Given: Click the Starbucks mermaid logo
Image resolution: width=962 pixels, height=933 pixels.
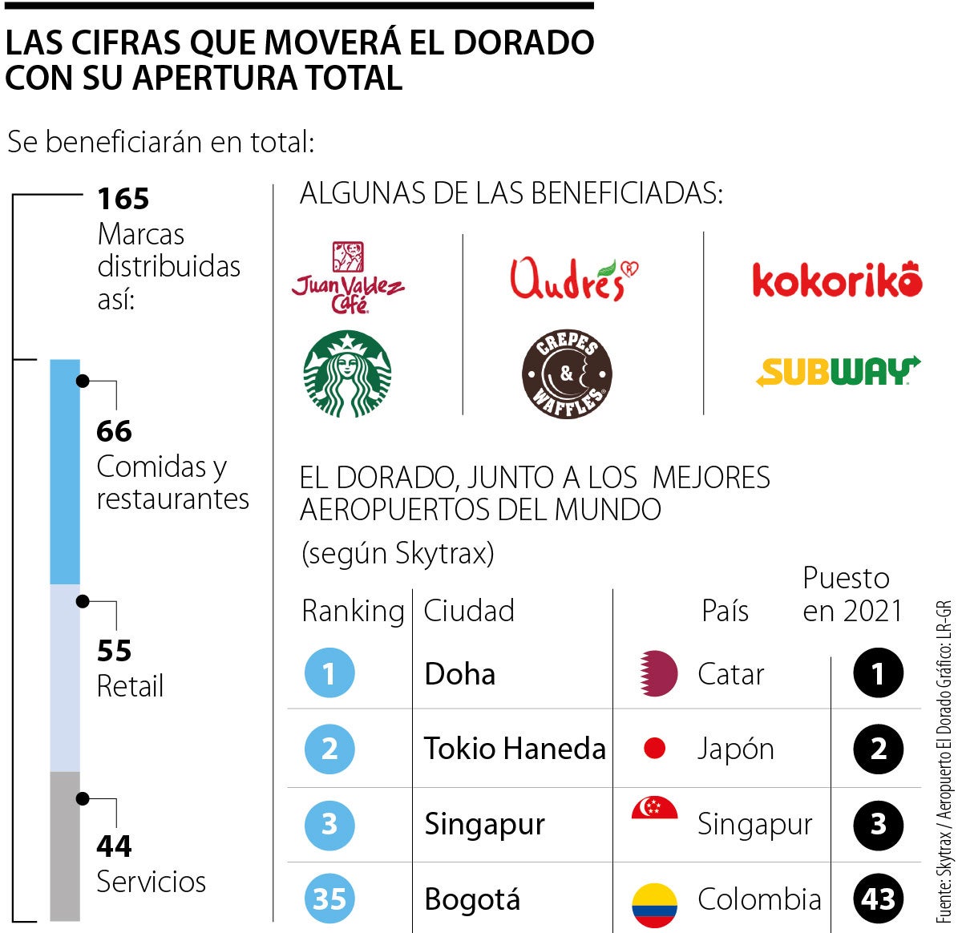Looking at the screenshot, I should point(347,374).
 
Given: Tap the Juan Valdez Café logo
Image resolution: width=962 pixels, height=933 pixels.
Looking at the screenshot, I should point(348,279).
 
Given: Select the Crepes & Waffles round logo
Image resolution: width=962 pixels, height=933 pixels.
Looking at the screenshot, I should point(567,374).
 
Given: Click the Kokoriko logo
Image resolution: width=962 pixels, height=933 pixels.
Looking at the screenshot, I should point(837,280).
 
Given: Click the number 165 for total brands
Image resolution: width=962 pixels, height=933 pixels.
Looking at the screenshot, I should point(123,199).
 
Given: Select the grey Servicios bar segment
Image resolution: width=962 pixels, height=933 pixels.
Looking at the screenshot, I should point(65,845).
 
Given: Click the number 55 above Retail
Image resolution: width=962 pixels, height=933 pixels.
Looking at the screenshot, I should point(114,651).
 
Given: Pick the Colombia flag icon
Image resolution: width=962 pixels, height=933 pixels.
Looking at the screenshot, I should point(654,904).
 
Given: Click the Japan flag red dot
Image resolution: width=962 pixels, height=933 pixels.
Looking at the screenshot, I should point(655,749).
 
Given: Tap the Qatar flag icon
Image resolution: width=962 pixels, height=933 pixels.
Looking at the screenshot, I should point(657,673).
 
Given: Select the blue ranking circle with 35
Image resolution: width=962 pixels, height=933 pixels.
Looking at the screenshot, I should point(329,899).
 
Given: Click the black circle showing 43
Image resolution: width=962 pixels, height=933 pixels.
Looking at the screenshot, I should point(878,899).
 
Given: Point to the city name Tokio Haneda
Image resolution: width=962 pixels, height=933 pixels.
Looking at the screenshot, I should point(515,749).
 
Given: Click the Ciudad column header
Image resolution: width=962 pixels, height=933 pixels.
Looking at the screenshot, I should point(469,611).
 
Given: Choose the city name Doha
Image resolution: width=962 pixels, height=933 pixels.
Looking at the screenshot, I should point(459,674).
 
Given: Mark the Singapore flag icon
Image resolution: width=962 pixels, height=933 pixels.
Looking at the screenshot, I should point(654,810).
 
